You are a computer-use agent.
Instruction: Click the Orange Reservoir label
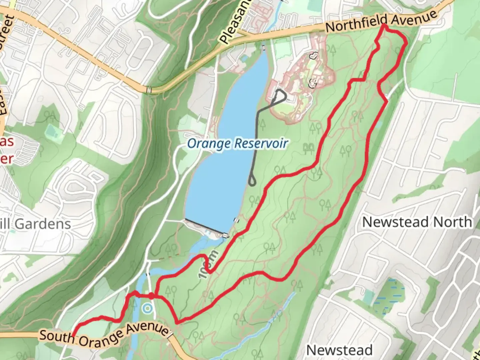point(237,144)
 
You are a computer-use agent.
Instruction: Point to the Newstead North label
point(417,222)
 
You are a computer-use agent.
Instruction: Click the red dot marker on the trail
point(151,296)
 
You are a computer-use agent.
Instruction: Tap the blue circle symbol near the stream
point(147,309)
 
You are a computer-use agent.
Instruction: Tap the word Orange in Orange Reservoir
point(209,144)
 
